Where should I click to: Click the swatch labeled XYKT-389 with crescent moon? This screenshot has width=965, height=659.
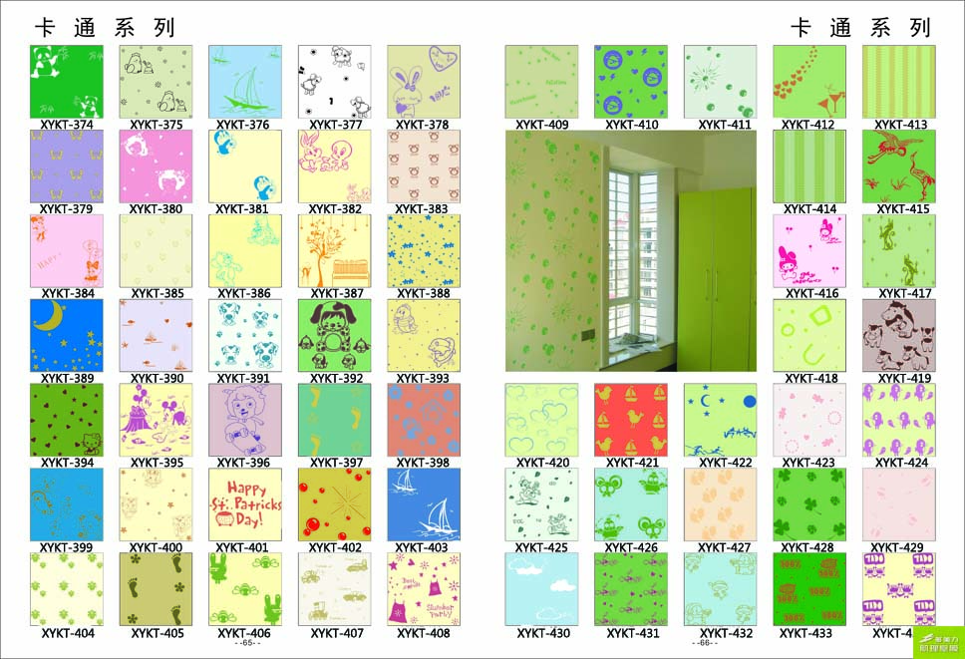click(67, 335)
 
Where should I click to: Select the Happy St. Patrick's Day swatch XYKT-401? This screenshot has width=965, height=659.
click(245, 504)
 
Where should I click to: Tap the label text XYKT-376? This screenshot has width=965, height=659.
click(243, 126)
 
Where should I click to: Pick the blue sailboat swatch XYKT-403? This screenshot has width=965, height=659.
click(424, 504)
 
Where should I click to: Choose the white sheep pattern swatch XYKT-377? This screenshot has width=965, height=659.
click(334, 82)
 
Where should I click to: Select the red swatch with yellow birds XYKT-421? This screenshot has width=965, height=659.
click(631, 420)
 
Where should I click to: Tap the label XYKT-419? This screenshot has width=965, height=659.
click(903, 379)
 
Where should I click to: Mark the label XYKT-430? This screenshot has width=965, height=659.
click(543, 633)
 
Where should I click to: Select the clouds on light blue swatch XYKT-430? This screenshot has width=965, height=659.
click(541, 589)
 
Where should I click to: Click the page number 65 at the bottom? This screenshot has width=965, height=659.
click(246, 643)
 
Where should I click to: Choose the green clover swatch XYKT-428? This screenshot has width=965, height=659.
click(809, 504)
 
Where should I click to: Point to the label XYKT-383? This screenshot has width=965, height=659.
click(423, 209)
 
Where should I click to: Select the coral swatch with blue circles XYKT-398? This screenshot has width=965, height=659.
click(424, 420)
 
